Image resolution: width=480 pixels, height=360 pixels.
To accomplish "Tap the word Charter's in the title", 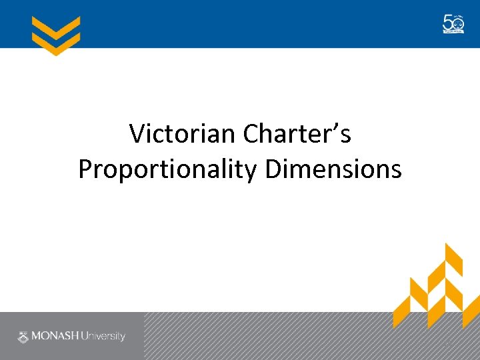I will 297,134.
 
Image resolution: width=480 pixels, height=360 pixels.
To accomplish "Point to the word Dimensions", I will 333,169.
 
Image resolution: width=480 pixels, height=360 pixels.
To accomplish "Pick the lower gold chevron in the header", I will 56,43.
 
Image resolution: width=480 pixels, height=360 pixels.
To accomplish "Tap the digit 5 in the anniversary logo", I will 448,23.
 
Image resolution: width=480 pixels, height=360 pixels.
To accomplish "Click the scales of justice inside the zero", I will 458,23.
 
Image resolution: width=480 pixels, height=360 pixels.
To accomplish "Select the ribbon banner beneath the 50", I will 453,32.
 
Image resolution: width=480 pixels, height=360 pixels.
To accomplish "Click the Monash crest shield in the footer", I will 23,336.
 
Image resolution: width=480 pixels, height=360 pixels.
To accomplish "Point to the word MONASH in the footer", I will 54,336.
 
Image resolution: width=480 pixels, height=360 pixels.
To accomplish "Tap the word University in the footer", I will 103,336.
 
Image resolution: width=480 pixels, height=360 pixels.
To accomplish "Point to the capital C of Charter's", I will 251,134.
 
